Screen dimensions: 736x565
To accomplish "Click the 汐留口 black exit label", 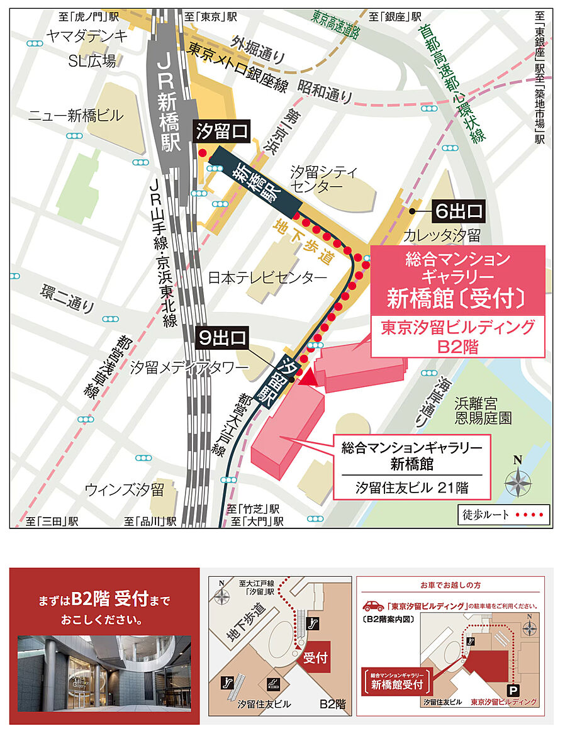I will [x=222, y=131].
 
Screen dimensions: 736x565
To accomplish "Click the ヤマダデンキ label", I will [x=87, y=36].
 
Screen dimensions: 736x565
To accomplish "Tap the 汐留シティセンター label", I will [x=324, y=180].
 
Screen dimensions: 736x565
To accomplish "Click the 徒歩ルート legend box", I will [x=503, y=515].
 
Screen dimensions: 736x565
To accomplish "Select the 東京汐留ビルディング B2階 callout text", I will [x=459, y=337].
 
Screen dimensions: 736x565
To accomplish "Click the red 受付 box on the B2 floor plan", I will [x=315, y=658].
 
